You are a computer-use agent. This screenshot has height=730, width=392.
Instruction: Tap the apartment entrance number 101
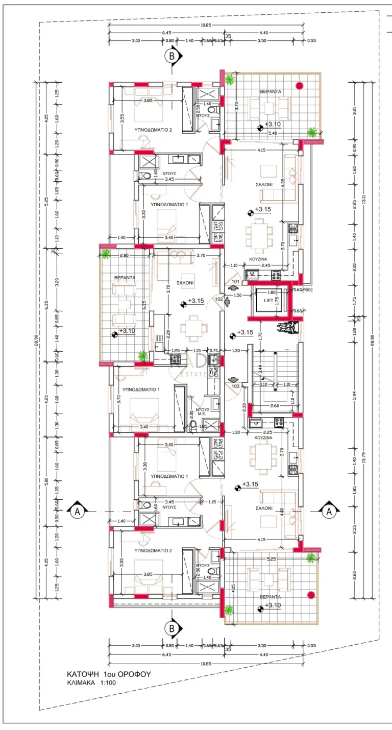pyautogui.click(x=235, y=281)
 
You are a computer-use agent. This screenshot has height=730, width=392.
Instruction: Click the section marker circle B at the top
pyautogui.click(x=173, y=56)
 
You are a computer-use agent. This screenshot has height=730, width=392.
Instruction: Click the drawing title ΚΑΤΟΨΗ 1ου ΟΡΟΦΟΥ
pyautogui.click(x=108, y=674)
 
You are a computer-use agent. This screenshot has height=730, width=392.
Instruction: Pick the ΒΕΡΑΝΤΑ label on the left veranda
pyautogui.click(x=125, y=277)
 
